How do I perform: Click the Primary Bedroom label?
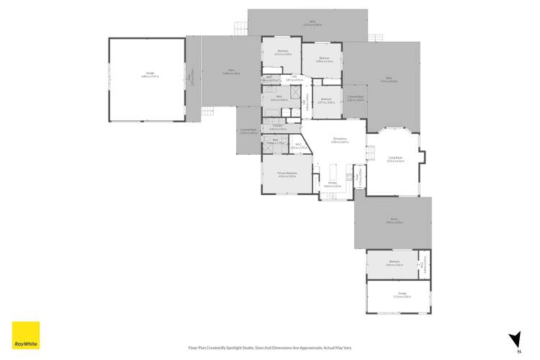[x=288, y=174]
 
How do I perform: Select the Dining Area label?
[x=340, y=140]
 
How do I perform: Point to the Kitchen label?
[x=333, y=184]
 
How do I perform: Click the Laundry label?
[x=278, y=127]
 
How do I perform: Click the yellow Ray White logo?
[x=26, y=335]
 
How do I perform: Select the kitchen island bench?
[x=333, y=172]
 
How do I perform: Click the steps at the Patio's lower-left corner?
[x=208, y=111]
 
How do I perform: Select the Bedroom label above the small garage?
[x=394, y=263]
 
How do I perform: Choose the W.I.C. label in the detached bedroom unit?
[x=425, y=263]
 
